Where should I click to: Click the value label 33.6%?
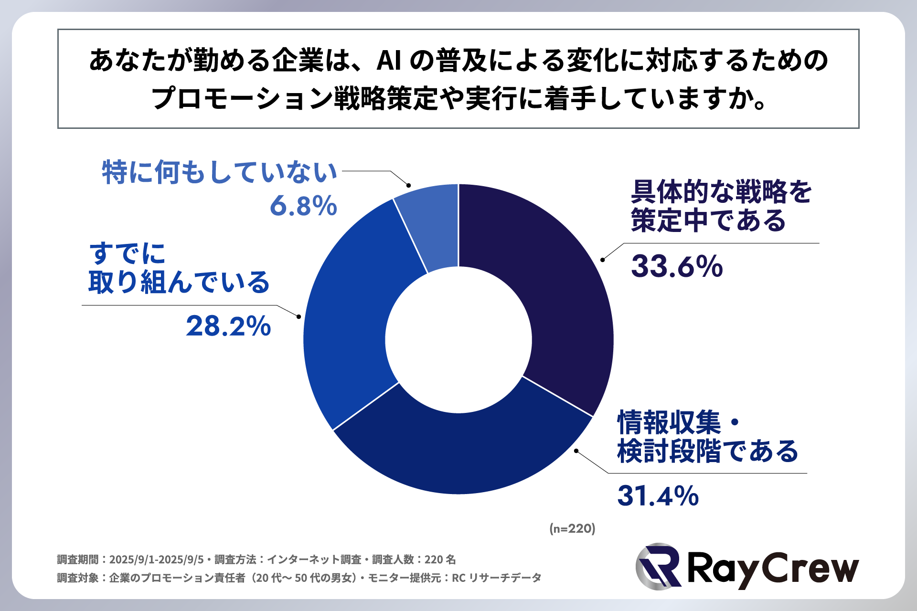(677, 266)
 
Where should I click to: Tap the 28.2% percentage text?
(228, 327)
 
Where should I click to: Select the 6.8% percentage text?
(303, 206)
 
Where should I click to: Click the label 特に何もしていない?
(220, 172)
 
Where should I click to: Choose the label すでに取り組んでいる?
(179, 268)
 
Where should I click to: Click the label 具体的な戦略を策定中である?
(720, 206)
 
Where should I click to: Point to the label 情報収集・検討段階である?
(707, 437)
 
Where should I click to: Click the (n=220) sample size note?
(572, 528)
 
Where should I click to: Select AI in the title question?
(388, 61)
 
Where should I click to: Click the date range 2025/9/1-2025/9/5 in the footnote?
(156, 559)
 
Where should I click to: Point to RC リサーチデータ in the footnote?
(496, 578)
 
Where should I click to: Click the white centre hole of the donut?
(458, 339)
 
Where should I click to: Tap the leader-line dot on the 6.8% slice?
(408, 185)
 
